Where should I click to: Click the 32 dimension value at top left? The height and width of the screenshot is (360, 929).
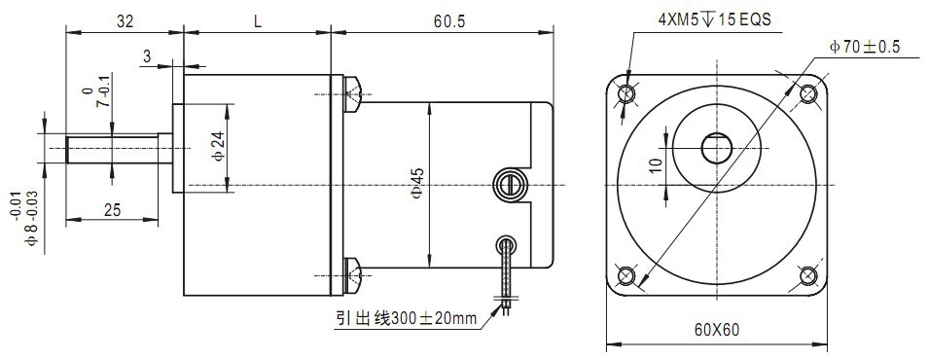click(125, 22)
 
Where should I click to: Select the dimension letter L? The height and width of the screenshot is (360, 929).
click(258, 22)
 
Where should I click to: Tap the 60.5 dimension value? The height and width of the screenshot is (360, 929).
click(449, 22)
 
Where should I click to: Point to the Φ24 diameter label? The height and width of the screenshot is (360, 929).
click(218, 148)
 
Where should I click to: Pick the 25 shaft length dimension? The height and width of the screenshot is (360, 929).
click(112, 209)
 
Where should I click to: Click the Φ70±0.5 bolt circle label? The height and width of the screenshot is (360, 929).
click(865, 47)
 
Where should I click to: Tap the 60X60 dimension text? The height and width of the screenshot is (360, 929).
click(717, 330)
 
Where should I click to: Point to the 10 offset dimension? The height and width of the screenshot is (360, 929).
click(655, 164)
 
